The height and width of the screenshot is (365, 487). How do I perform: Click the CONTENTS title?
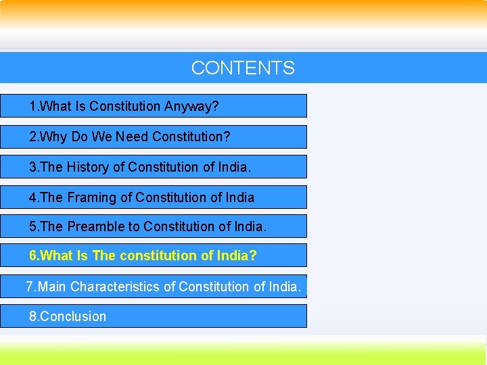243,68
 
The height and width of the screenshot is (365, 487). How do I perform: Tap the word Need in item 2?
132,137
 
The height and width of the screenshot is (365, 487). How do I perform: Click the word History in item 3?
91,167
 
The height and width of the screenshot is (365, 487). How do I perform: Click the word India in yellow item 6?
233,256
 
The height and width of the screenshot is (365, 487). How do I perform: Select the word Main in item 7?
52,287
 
